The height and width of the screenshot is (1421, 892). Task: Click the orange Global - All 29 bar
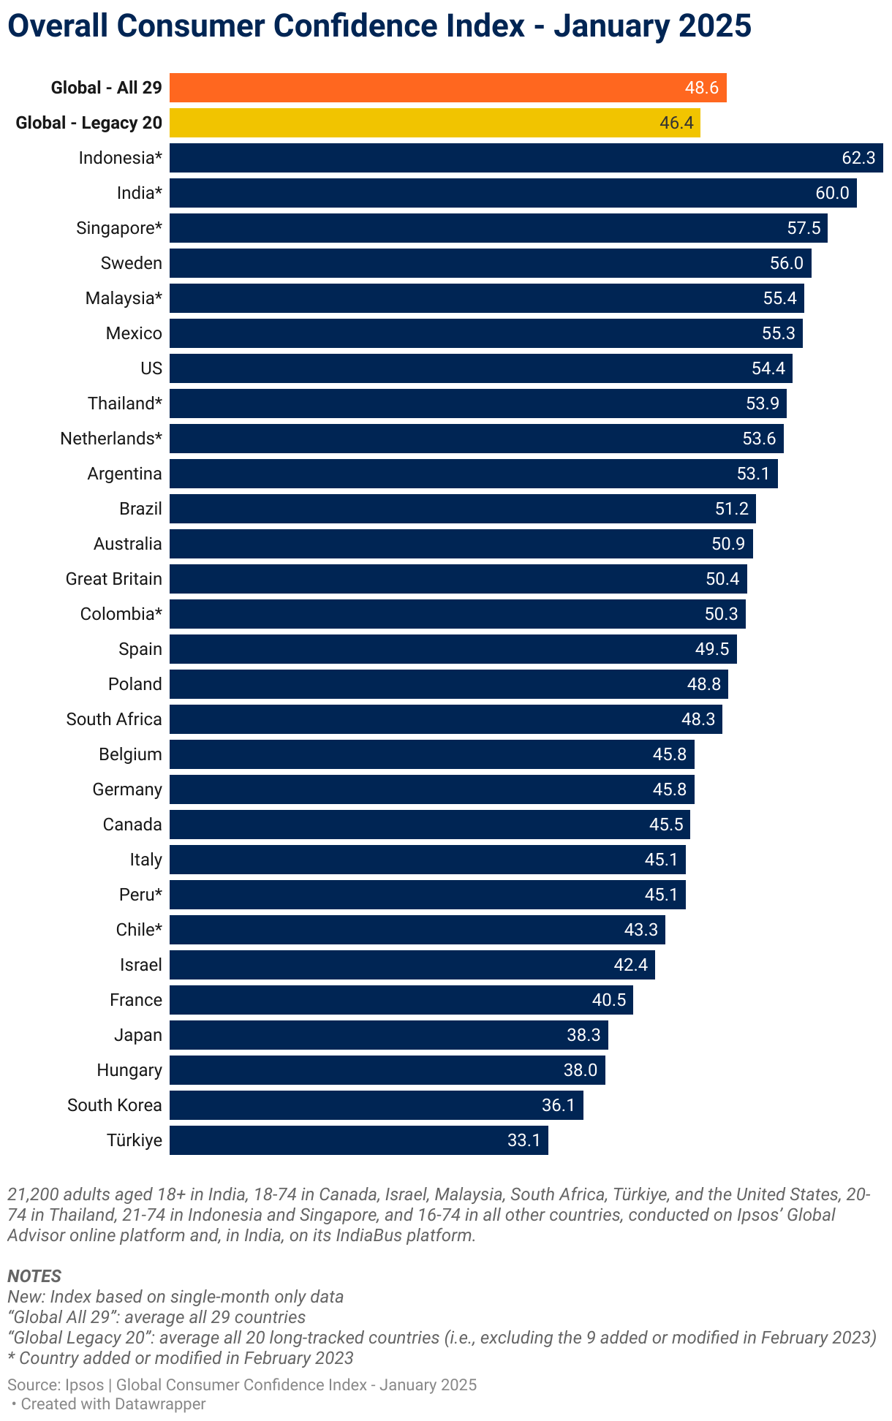coord(447,88)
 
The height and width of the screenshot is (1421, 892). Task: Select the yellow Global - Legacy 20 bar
coord(434,123)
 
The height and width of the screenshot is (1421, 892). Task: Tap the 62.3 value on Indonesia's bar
coord(858,158)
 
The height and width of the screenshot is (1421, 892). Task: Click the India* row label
coord(140,193)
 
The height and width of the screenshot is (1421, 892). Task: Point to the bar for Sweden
coord(490,263)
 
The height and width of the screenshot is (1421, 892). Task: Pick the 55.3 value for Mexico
coord(778,333)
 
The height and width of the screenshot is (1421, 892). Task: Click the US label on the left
coord(151,368)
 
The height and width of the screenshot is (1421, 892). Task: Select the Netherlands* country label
coord(111,439)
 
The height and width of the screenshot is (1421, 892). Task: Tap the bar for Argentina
coord(473,474)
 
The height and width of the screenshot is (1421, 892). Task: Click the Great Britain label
coord(114,579)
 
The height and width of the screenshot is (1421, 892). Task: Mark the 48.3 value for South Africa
coord(698,719)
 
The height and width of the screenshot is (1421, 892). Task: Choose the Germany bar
coord(431,789)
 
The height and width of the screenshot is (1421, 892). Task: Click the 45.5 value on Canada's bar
coord(666,825)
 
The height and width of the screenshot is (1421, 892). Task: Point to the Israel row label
coord(141,965)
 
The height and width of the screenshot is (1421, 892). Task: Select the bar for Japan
coord(388,1035)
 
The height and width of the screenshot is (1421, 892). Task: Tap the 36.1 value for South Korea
coord(558,1105)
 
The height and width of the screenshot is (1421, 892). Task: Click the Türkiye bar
coord(358,1140)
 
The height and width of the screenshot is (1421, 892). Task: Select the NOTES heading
coord(34,1276)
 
